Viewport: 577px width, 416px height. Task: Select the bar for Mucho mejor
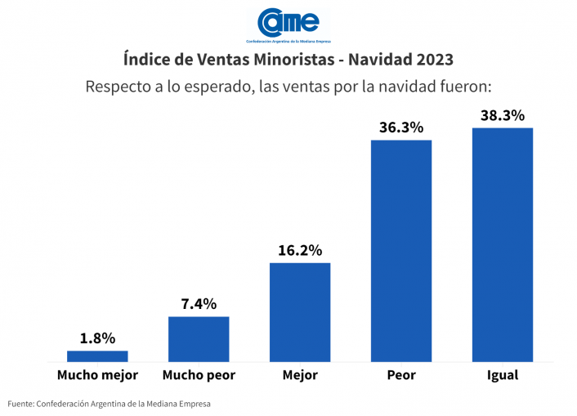(x=97, y=356)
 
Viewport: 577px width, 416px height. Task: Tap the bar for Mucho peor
(x=199, y=338)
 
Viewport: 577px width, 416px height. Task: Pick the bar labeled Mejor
(x=300, y=311)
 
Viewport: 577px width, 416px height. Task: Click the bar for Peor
(x=401, y=250)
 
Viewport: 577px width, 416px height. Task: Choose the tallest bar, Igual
(x=503, y=244)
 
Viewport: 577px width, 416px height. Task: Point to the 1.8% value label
(x=97, y=338)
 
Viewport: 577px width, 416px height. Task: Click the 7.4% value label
(x=199, y=304)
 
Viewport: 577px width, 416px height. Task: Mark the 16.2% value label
(x=300, y=250)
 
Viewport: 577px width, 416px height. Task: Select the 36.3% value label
(x=401, y=127)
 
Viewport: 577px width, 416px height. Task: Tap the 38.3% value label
(x=503, y=115)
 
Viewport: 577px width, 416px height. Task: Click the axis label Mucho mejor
(x=97, y=375)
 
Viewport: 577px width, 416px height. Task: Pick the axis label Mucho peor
(x=199, y=375)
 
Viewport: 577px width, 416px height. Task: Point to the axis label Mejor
(x=300, y=375)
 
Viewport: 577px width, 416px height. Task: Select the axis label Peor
(x=401, y=375)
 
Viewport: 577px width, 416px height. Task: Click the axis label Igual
(x=503, y=375)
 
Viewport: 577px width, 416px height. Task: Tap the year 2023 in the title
(x=430, y=60)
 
